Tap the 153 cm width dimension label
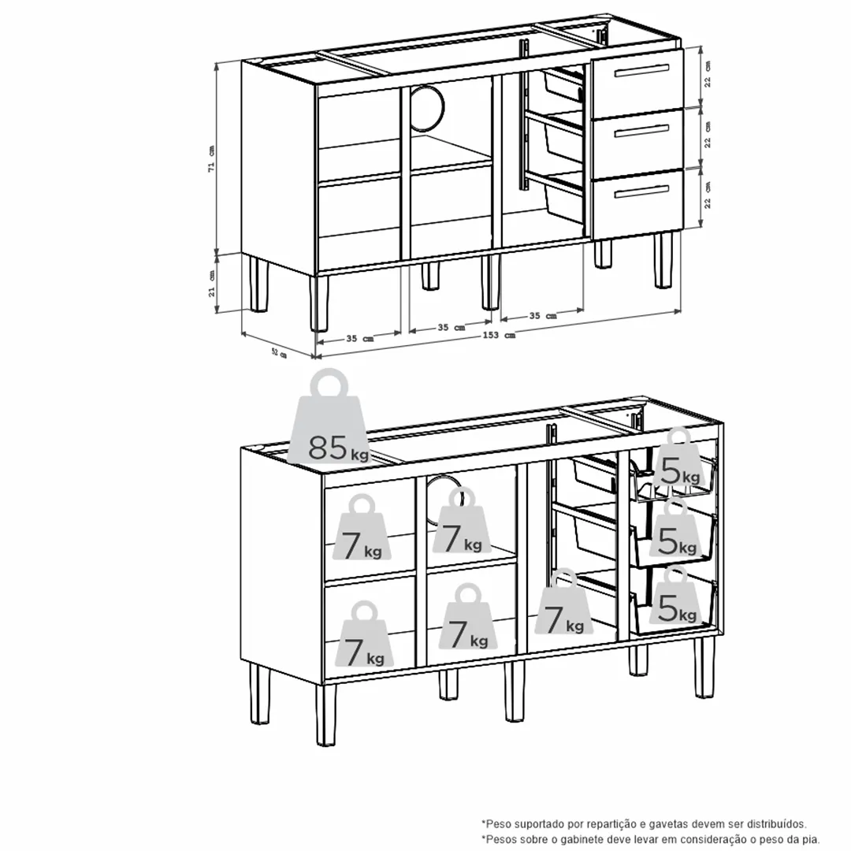pos(499,336)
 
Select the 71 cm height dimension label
pos(211,158)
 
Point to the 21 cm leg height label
pos(211,284)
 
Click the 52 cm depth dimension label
pos(278,353)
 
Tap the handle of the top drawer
pos(641,70)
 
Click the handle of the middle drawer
pos(641,131)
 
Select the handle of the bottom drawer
pos(641,191)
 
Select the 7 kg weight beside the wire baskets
pos(564,603)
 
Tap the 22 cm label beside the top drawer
pos(708,74)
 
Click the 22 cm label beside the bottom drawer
pos(708,195)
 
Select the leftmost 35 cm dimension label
pos(359,338)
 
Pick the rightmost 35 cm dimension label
pos(542,316)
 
